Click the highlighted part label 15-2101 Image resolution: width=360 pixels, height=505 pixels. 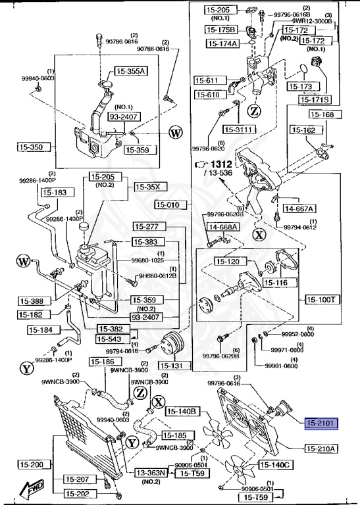[x=321, y=424]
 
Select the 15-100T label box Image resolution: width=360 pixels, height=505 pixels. [x=322, y=299]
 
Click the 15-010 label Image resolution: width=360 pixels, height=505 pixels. [x=172, y=204]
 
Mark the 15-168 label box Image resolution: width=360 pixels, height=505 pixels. [x=322, y=114]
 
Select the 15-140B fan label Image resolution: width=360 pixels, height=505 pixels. [x=182, y=412]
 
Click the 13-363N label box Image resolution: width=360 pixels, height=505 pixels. [x=153, y=473]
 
